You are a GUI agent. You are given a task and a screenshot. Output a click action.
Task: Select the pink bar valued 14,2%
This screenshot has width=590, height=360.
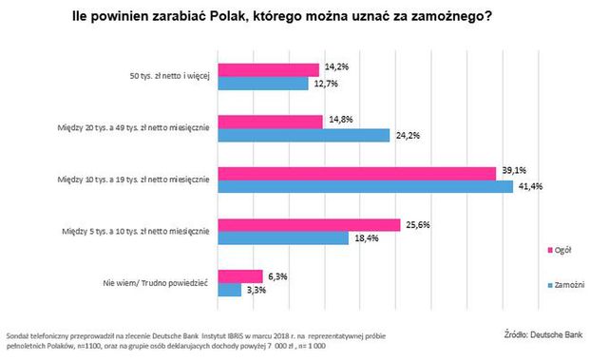click(x=269, y=69)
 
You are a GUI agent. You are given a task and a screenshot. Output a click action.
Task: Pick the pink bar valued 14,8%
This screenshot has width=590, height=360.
click(x=271, y=121)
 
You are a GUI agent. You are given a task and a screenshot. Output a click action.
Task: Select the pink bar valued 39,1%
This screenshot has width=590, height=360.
click(x=357, y=173)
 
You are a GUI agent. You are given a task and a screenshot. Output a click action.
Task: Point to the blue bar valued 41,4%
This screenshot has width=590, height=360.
click(x=366, y=187)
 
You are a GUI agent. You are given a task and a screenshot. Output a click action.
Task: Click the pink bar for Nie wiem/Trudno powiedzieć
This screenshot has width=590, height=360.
click(x=241, y=276)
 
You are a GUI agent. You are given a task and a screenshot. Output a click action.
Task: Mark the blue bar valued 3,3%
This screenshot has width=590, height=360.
click(x=231, y=291)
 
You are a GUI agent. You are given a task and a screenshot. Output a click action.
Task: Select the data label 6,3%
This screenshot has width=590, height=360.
click(x=278, y=276)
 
